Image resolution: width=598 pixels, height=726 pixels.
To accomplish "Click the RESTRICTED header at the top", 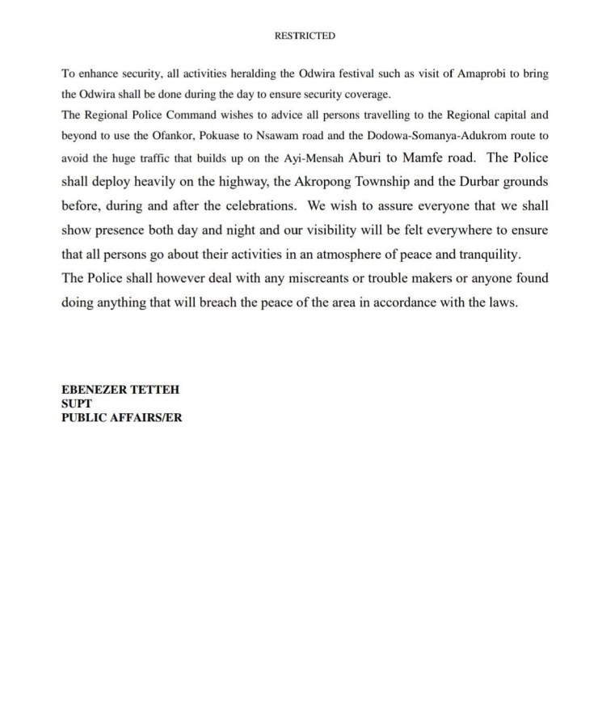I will pos(305,36).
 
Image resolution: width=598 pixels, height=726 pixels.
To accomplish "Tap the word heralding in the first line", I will pos(239,73).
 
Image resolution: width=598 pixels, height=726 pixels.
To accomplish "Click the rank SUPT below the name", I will pos(77,403).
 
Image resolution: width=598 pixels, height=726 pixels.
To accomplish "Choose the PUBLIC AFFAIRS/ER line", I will pos(121,418).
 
